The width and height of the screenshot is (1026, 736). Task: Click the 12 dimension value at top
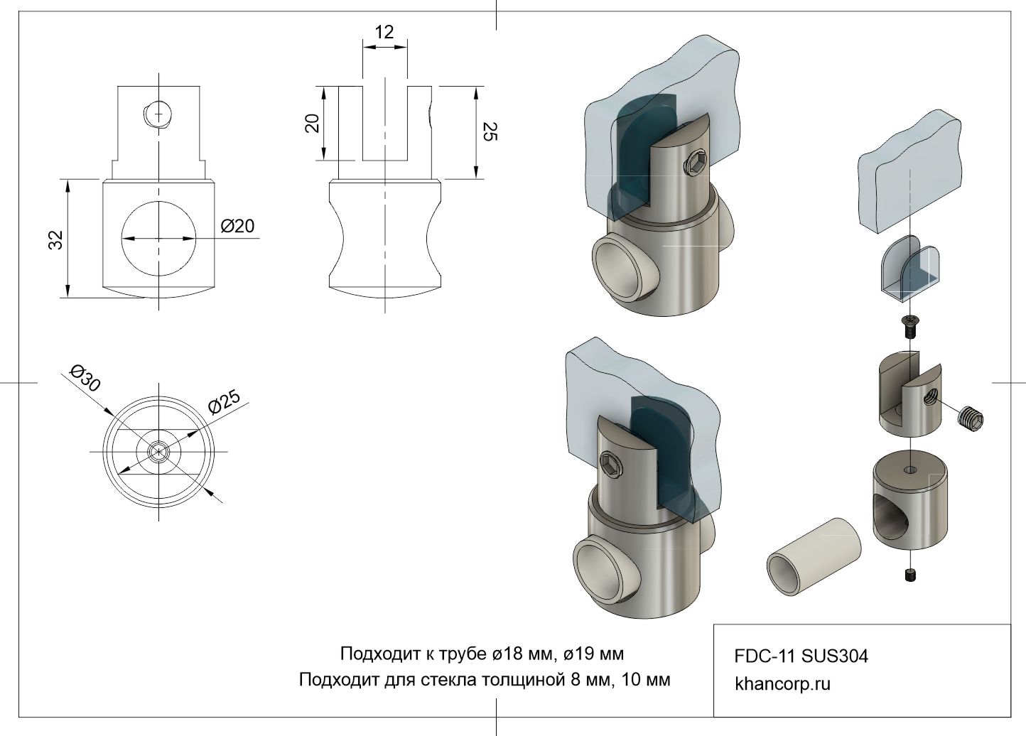tap(384, 32)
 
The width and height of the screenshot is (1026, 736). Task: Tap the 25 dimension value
tap(490, 131)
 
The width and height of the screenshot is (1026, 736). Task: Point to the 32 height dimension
tap(56, 239)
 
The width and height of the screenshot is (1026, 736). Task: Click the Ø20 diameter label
tap(237, 226)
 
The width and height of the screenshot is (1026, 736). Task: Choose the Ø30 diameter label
tap(85, 378)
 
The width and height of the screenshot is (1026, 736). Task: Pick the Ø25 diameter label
tap(225, 402)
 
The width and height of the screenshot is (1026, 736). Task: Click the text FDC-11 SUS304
tap(801, 656)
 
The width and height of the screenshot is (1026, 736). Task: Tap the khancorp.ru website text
tap(782, 684)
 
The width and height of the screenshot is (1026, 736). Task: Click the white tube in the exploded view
tap(814, 556)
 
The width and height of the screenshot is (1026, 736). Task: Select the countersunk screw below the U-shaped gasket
tap(910, 328)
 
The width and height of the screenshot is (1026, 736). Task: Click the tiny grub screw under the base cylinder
tap(910, 576)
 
